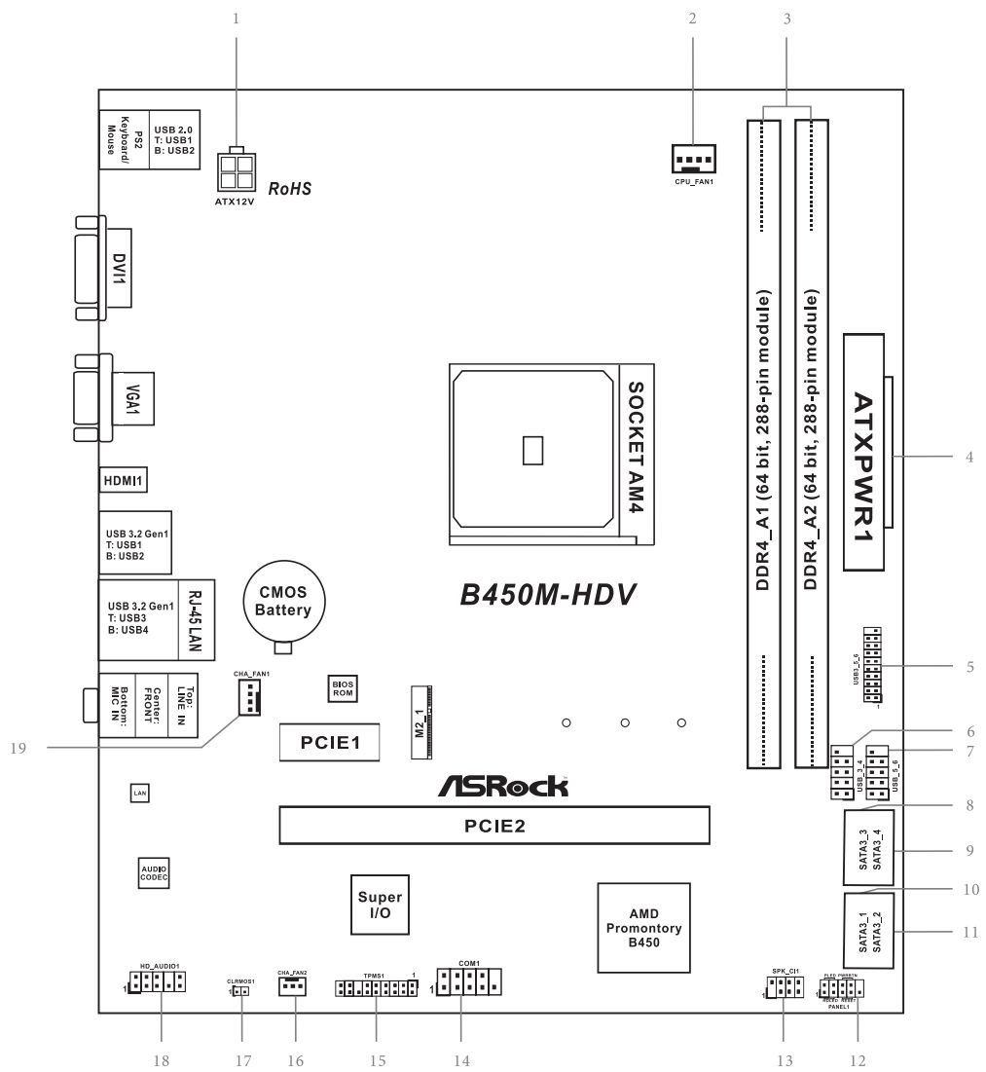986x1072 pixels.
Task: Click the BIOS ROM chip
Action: (342, 689)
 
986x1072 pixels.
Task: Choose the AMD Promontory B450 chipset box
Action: (643, 927)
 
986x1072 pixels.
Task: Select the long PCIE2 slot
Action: (493, 825)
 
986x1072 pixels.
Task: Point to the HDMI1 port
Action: (123, 480)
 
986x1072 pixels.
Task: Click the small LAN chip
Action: (139, 795)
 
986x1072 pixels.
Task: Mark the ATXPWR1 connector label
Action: (866, 453)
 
